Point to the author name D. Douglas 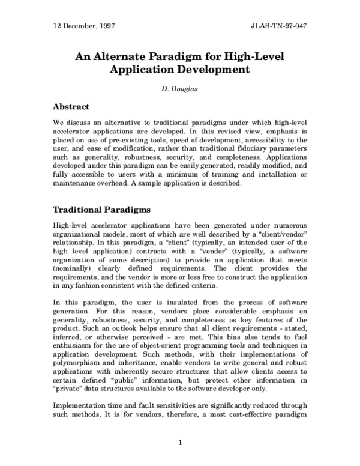coord(180,91)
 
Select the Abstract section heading coord(71,107)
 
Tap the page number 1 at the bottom coord(180,443)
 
